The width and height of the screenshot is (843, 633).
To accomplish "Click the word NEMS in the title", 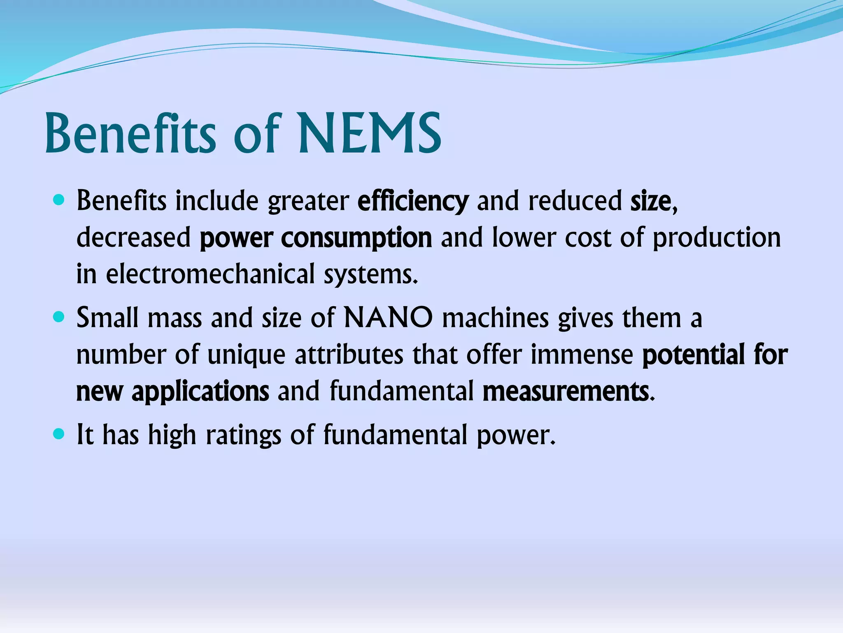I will (370, 134).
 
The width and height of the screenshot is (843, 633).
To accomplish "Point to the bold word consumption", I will (356, 238).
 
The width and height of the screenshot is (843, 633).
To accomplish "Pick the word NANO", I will (388, 318).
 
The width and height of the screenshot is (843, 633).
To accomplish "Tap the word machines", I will (495, 318).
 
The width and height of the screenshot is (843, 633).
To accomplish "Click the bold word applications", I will (200, 391).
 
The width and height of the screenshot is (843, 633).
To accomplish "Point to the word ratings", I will (243, 435).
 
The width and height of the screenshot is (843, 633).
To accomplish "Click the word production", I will (717, 238).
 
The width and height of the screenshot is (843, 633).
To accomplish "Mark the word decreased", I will (134, 238).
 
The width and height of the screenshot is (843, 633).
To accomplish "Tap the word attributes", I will (349, 354).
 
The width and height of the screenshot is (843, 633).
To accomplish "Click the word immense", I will (582, 354).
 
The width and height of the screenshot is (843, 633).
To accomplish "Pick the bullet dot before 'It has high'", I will (59, 434).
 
